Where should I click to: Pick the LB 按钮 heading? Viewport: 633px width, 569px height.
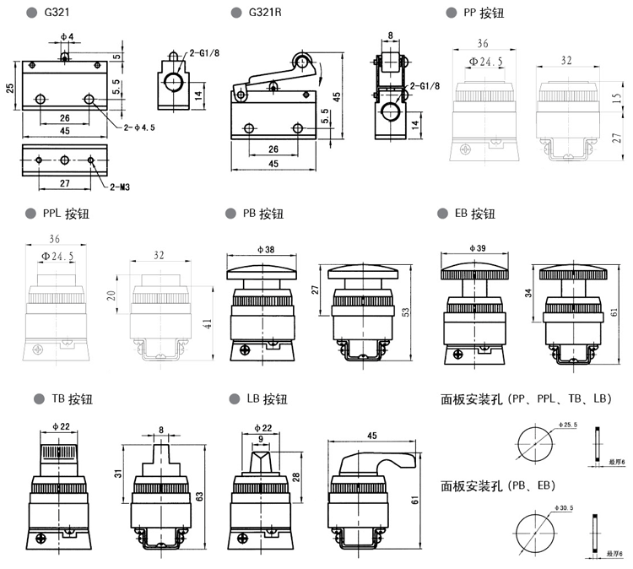pos(268,398)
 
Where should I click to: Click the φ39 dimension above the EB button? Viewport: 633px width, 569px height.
pos(475,249)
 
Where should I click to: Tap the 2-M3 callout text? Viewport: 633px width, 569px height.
pos(118,187)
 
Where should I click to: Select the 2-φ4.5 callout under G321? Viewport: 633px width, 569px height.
pos(140,127)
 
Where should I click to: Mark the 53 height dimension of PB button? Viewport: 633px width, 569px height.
pos(406,313)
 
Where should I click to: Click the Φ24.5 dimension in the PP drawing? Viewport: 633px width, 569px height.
pos(485,62)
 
